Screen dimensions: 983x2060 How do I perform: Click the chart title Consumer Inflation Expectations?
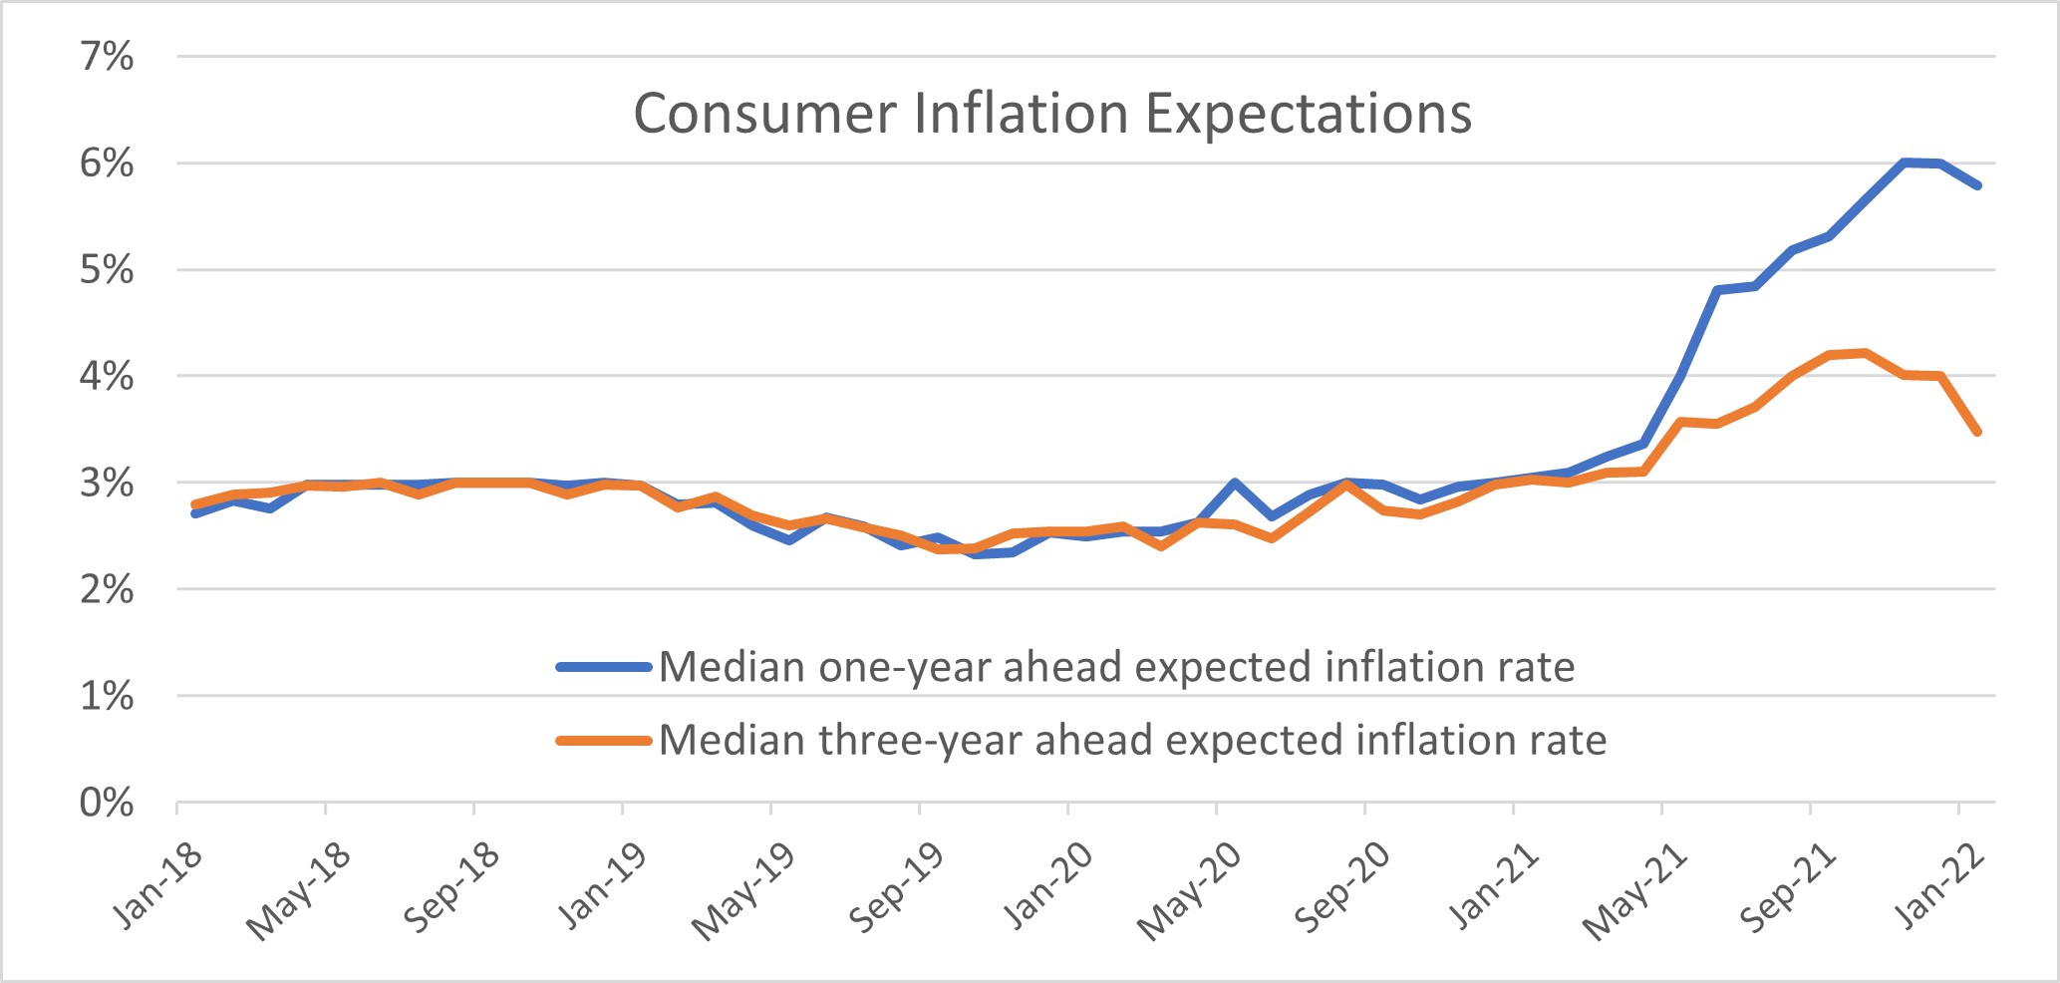[x=1052, y=113]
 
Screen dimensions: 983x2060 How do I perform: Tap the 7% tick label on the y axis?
[x=107, y=57]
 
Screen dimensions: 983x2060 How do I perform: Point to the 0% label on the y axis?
[x=107, y=803]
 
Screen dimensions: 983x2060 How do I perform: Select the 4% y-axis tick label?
[x=107, y=377]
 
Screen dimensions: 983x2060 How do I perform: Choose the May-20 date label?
[x=1190, y=891]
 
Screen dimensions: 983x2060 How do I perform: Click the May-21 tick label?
[x=1635, y=891]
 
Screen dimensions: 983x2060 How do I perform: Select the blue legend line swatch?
[x=604, y=667]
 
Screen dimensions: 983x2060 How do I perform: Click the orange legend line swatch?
[x=604, y=740]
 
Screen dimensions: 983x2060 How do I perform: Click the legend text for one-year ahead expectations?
[x=1116, y=667]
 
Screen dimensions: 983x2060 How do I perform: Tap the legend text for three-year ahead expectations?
[x=1132, y=741]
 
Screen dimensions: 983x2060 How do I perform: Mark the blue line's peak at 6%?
[x=1904, y=162]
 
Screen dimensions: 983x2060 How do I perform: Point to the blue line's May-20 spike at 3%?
[x=1235, y=483]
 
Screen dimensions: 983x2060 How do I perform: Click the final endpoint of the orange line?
[x=1977, y=432]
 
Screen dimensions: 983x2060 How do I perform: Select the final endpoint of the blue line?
[x=1977, y=185]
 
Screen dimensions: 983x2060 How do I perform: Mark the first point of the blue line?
[x=195, y=512]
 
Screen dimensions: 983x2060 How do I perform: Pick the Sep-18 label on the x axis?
[x=451, y=888]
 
